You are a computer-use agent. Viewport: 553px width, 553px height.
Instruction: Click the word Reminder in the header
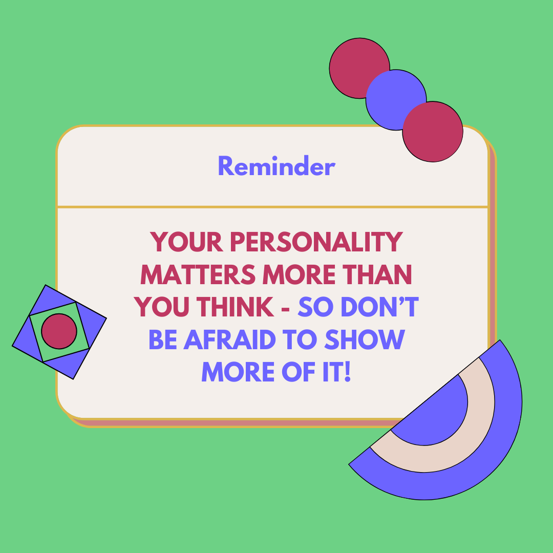pos(276,166)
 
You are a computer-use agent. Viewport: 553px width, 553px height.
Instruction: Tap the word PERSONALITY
pos(316,242)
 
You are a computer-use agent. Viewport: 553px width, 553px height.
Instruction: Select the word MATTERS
pos(198,274)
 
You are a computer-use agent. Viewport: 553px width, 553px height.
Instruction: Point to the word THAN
pos(377,274)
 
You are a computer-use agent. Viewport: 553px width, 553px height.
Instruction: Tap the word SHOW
pos(365,339)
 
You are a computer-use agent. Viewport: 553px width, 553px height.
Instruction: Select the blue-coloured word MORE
pos(238,372)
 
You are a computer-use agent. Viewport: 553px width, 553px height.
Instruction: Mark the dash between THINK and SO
pos(286,308)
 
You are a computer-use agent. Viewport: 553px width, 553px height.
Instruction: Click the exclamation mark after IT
pos(347,372)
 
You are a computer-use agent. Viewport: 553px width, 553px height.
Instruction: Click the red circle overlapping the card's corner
pos(433,132)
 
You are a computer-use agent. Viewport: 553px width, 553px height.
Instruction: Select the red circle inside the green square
pos(59,331)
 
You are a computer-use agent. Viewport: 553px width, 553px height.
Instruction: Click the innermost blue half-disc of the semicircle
pos(437,416)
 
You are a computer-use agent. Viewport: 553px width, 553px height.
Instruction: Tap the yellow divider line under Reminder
pos(272,207)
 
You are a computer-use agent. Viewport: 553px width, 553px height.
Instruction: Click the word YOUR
pos(186,242)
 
